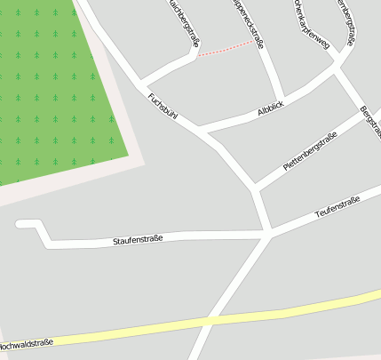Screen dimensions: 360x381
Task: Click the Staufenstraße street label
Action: [x=138, y=241]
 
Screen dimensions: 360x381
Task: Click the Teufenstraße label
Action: [x=337, y=207]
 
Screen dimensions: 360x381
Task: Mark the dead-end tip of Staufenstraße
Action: [x=20, y=224]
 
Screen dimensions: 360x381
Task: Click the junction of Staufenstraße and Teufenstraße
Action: [x=268, y=234]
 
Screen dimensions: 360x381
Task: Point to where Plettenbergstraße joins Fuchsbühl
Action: [x=255, y=188]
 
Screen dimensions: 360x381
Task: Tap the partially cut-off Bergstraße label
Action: [x=371, y=121]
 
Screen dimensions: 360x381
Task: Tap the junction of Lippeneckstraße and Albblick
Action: [x=282, y=98]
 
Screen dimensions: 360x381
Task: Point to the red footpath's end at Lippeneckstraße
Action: [x=255, y=41]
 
